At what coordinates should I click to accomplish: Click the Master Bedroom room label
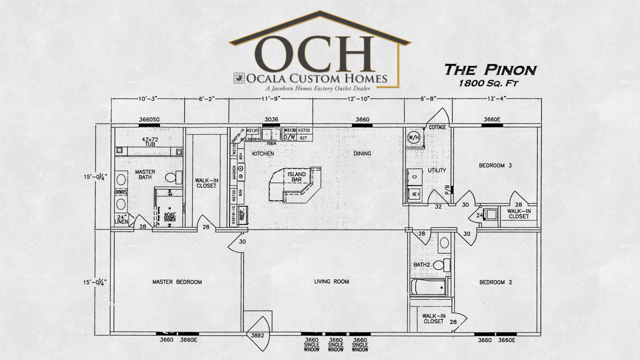point(177,282)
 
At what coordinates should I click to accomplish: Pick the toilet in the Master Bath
point(172,178)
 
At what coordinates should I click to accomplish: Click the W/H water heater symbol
point(414,137)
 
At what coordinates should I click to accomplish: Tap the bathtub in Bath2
point(429,287)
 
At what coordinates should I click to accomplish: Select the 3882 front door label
point(257,336)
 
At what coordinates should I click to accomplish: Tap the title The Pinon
point(490,70)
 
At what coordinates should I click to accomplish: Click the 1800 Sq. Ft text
point(490,82)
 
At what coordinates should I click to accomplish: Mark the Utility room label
point(437,171)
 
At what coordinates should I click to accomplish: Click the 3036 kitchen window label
point(272,120)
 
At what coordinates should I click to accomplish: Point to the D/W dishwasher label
point(289,137)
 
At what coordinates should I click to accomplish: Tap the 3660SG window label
point(149,120)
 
